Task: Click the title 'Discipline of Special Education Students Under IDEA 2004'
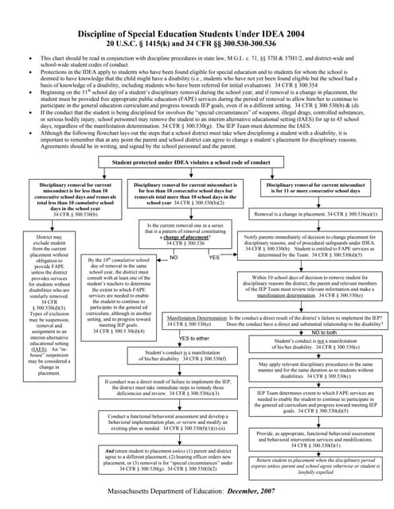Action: [197, 35]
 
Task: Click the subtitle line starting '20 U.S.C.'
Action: [197, 45]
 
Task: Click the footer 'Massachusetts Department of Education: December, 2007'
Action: [197, 495]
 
